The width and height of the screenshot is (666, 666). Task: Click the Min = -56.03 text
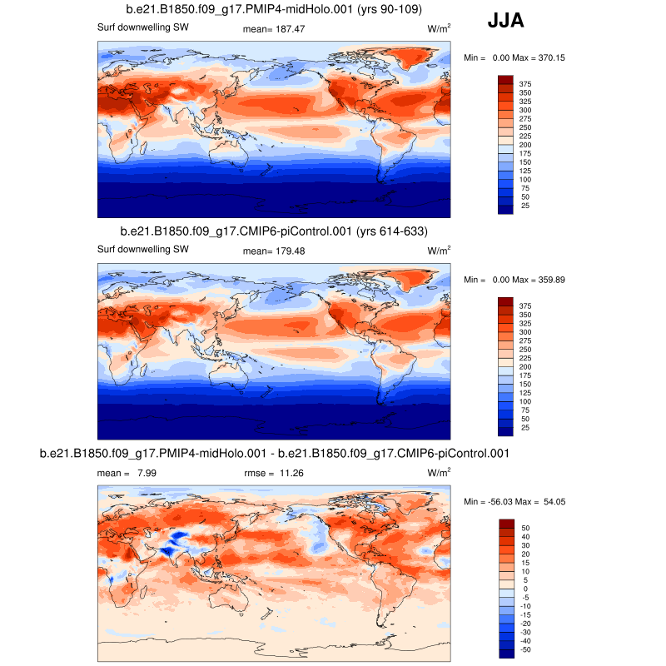[x=488, y=502]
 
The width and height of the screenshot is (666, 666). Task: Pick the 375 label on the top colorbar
[x=526, y=84]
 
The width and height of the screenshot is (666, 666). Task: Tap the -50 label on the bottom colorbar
[x=524, y=649]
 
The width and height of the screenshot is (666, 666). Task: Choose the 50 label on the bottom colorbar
[x=524, y=528]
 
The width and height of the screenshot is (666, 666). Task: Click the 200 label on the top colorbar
[x=526, y=145]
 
